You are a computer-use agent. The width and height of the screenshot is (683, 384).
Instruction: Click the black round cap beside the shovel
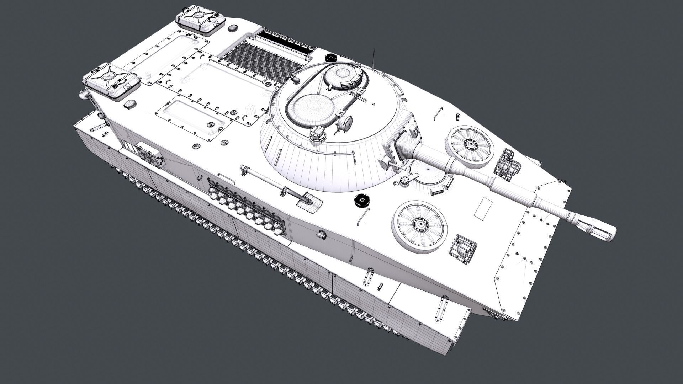tap(362, 200)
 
